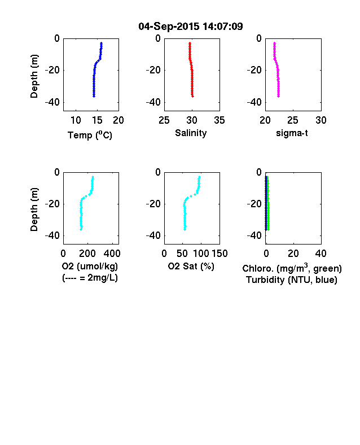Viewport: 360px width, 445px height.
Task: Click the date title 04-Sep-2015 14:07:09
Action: pos(191,27)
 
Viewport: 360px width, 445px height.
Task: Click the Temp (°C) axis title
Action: pos(90,135)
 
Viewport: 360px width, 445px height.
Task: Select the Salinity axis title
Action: pos(191,133)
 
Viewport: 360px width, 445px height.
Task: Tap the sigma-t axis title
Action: pos(292,133)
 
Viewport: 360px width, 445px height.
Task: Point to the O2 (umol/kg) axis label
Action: pos(90,266)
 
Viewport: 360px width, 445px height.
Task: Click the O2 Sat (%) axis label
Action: pos(191,266)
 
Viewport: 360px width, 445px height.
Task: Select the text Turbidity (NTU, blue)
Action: pos(292,280)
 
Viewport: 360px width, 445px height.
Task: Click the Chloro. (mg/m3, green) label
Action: pos(292,268)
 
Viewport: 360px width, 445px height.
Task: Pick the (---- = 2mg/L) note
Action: pos(90,277)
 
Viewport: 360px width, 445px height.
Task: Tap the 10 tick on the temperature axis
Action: pos(76,120)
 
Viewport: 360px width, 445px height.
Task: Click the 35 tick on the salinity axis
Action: pos(219,120)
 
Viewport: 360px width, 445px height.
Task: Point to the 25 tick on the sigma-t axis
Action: pos(292,120)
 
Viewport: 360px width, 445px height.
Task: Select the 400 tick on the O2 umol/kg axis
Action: pos(112,254)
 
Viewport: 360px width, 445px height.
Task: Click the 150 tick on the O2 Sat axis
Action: pos(219,254)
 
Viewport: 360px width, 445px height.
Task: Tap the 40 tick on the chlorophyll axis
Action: pos(321,254)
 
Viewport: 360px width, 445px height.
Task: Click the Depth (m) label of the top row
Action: pos(34,76)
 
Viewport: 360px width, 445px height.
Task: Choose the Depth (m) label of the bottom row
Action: pos(34,210)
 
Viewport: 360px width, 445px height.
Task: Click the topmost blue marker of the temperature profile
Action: pos(101,43)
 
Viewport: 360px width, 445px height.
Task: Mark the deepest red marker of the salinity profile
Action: pos(192,96)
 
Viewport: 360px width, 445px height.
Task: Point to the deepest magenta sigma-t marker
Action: pos(278,96)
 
